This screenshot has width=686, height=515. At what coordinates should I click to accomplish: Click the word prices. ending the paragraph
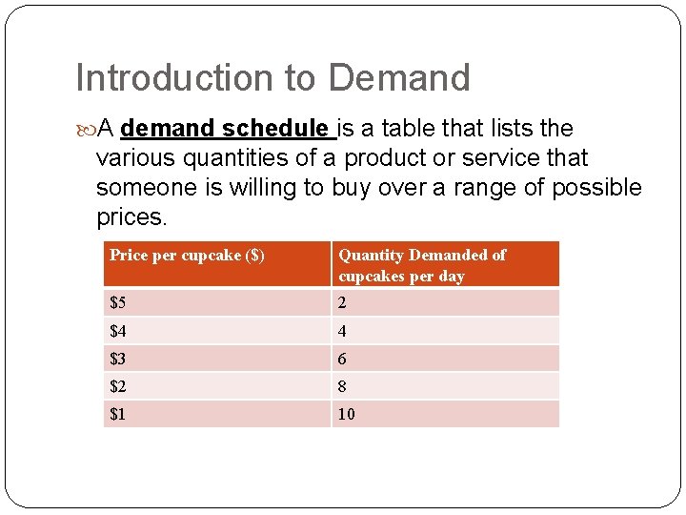131,216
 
